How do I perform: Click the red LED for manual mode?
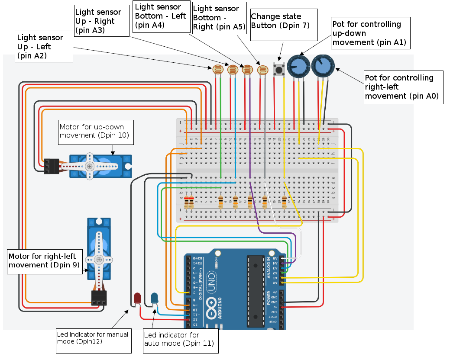[138, 298]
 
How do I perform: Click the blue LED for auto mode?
[155, 298]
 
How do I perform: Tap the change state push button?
[279, 69]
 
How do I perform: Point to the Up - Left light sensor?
[218, 69]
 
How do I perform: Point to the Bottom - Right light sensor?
[262, 70]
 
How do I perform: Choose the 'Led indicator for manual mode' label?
[93, 338]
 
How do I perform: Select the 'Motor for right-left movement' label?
[45, 260]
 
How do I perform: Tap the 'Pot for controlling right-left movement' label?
[403, 87]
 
